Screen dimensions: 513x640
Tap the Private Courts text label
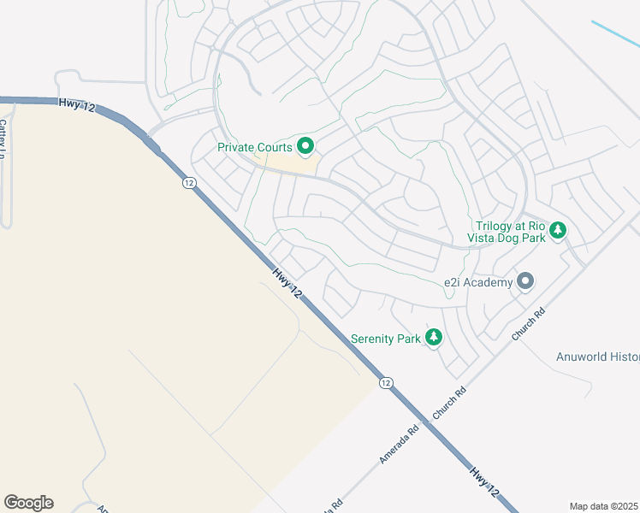[255, 147]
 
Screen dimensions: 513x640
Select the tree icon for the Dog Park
[558, 230]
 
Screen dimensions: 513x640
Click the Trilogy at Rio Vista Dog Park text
[510, 233]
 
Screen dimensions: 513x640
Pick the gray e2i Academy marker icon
[525, 281]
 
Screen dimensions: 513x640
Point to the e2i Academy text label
[477, 282]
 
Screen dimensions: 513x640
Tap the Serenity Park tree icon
[434, 338]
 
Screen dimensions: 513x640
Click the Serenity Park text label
[385, 339]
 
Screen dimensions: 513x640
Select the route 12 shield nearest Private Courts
[189, 182]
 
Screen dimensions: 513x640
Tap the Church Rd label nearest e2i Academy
[528, 326]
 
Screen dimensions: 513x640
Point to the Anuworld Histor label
[597, 357]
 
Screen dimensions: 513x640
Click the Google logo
[28, 503]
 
